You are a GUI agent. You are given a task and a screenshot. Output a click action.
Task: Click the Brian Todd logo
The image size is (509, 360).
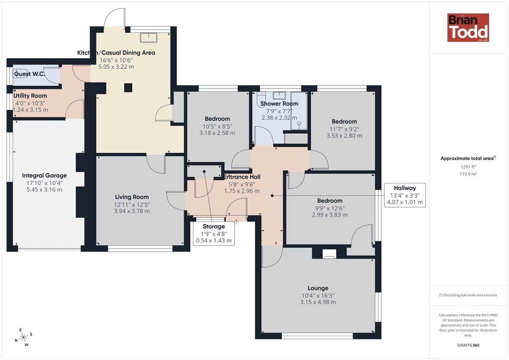(x=468, y=27)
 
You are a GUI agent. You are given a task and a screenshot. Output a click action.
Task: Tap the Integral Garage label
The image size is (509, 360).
(x=44, y=176)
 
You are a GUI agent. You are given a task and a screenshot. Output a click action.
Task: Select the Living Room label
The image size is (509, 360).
(x=132, y=197)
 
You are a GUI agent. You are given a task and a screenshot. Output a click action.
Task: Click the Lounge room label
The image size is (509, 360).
(x=318, y=288)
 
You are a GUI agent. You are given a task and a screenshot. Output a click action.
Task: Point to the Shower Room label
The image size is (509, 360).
(x=279, y=104)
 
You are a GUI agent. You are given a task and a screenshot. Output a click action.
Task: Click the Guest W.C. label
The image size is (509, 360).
(x=29, y=74)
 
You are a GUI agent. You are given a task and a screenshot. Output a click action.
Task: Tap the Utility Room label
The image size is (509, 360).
(x=30, y=96)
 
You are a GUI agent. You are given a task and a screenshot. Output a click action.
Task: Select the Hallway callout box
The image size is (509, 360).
(x=405, y=195)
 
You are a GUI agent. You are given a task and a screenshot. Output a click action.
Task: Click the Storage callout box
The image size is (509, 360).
(x=214, y=233)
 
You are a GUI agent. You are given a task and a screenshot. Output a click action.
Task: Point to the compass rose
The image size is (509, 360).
(x=24, y=338)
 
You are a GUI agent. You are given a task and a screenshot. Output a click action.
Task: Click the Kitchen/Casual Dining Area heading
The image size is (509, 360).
(x=116, y=53)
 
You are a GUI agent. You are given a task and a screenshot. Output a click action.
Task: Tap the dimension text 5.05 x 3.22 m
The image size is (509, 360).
(x=116, y=67)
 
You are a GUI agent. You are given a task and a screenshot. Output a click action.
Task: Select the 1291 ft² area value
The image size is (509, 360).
(x=468, y=167)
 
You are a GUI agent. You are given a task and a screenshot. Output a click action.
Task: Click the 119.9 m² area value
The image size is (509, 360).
(x=468, y=174)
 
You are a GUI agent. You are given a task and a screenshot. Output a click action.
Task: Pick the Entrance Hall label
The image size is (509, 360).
(x=242, y=177)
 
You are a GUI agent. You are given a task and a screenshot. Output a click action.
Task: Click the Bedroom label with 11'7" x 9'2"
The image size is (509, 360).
(x=344, y=122)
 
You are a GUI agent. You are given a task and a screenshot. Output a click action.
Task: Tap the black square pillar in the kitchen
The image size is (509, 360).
(x=128, y=88)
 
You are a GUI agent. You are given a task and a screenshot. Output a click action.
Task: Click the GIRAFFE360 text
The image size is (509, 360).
(x=468, y=345)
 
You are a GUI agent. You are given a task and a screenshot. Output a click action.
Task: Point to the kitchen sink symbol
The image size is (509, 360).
(x=149, y=38)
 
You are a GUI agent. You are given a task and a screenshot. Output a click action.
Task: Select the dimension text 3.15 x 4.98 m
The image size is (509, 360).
(x=318, y=302)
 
